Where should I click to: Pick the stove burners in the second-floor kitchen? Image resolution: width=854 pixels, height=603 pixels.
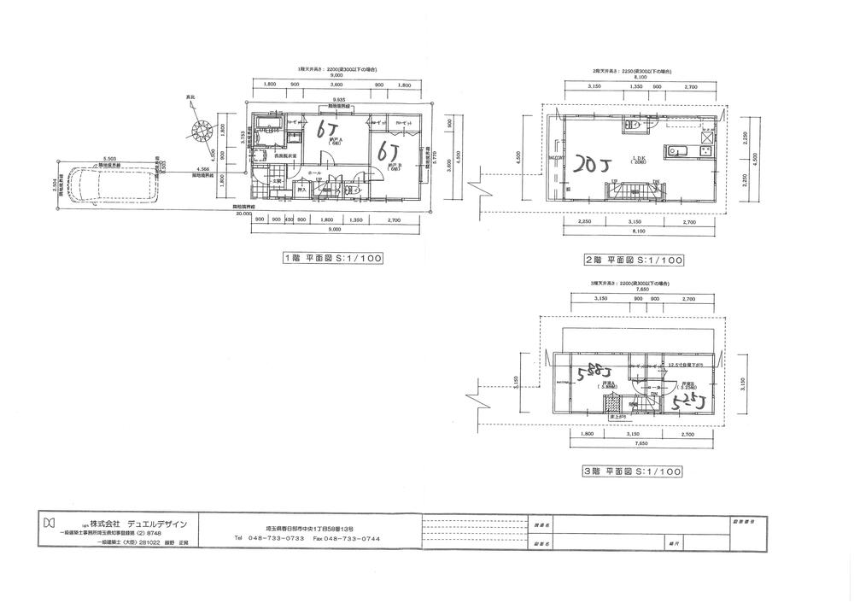708,138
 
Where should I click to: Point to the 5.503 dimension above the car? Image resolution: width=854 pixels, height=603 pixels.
109,159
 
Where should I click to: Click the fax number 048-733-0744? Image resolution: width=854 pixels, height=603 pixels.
346,537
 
